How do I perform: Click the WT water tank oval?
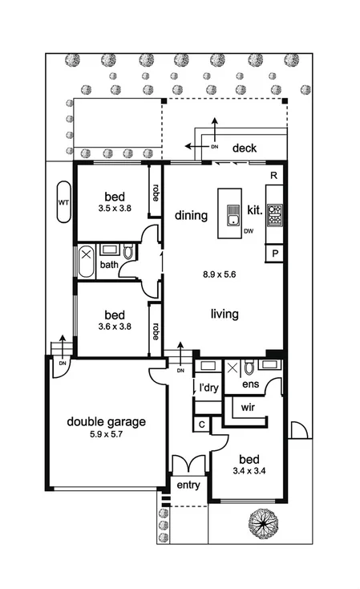coord(63,202)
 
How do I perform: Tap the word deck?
coord(245,148)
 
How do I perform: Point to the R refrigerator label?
coord(274,175)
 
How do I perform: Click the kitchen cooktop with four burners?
coord(275,215)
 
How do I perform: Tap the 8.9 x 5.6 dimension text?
coord(220,274)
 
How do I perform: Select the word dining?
coord(191,215)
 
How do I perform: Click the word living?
coord(224,314)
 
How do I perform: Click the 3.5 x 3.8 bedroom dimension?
coord(114,207)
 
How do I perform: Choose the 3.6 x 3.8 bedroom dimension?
coord(114,327)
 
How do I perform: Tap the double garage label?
coord(106,422)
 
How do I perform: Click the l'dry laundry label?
coord(208,388)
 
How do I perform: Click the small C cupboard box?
coord(201,424)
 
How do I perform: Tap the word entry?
coord(188,486)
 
